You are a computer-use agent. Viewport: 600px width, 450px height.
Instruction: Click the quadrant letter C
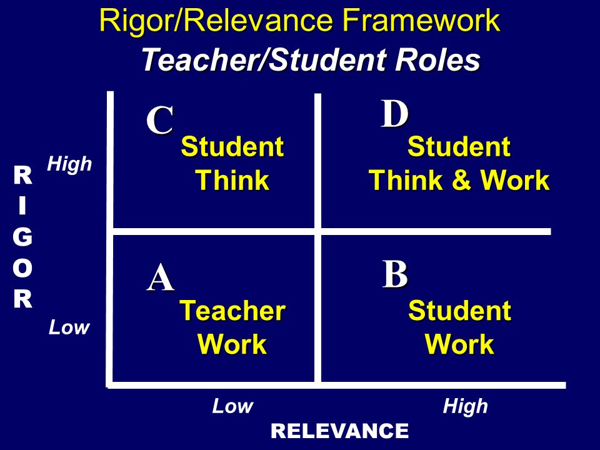coord(160,121)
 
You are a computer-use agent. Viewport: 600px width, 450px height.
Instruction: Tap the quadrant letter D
coord(395,114)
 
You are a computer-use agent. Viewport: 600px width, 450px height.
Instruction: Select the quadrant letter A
coord(161,279)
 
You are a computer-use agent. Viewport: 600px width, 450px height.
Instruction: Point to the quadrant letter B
coord(395,275)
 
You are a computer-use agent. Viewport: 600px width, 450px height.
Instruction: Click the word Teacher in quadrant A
coord(232,311)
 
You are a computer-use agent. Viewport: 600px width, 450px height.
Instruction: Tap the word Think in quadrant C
coord(232,181)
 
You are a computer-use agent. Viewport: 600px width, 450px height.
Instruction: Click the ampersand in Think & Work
coord(461,181)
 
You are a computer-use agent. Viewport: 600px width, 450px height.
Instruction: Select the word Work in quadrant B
coord(459,344)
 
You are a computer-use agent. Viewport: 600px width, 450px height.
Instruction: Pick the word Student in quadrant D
coord(459,148)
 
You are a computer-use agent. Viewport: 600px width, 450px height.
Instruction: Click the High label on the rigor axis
coord(69,165)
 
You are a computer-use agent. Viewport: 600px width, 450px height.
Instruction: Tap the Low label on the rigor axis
coord(69,327)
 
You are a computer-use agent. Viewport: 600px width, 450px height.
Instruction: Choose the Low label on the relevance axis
coord(232,407)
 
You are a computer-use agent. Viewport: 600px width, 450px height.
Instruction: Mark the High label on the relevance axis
coord(465,407)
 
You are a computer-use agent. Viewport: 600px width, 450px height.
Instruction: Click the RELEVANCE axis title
coord(340,431)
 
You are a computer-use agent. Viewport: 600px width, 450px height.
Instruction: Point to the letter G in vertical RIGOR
coord(23,237)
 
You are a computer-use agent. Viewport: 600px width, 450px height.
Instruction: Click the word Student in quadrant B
coord(459,311)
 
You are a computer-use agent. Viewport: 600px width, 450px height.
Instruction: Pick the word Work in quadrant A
coord(232,344)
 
